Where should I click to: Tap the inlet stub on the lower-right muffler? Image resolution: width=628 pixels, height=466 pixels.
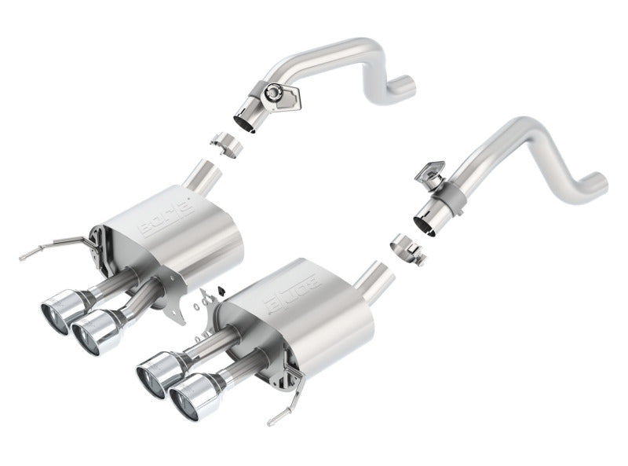tap(375, 280)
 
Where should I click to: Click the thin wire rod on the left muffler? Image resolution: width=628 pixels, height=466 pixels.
tap(47, 245)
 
